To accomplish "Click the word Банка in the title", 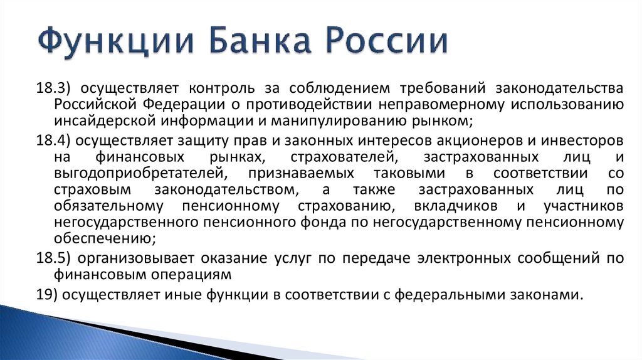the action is tap(260, 40).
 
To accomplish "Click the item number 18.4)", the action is tap(53, 141).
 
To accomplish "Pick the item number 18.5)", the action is tap(53, 258).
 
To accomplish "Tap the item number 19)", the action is tap(46, 295).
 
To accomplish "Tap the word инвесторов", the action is tap(582, 141).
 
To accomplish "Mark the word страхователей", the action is tap(344, 157).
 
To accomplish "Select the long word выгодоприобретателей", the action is tap(140, 174).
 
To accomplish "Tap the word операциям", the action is tap(191, 275).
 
